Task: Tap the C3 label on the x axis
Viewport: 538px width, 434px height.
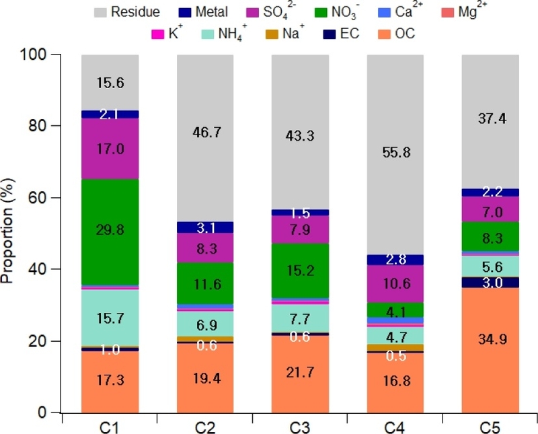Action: click(x=300, y=427)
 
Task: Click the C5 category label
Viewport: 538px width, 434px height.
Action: click(x=490, y=427)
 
